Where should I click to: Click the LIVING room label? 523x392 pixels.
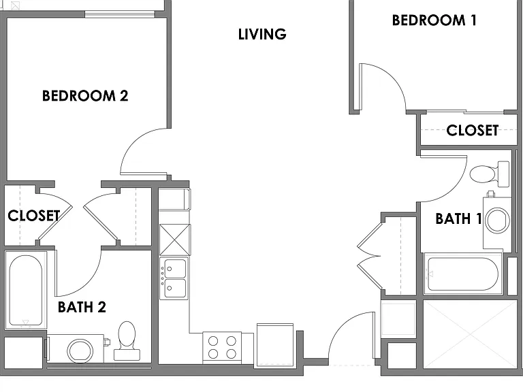(262, 34)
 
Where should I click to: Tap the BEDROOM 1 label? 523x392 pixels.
(434, 20)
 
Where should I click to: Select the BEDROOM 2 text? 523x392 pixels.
(85, 96)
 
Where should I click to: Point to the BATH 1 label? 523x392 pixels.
(458, 219)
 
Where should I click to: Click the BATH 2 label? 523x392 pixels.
(82, 307)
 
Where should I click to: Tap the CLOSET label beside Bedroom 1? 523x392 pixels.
(473, 131)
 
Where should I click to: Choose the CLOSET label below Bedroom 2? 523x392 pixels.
(33, 216)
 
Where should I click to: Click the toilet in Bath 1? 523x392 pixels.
(490, 174)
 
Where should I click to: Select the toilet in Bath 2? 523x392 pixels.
(127, 341)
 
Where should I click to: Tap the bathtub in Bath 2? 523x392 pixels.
(26, 290)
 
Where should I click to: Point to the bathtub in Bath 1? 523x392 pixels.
(463, 274)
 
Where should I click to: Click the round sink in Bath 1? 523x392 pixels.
(497, 220)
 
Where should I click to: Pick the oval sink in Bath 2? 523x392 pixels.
(80, 350)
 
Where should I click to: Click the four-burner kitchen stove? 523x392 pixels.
(222, 347)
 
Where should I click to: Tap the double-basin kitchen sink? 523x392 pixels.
(175, 278)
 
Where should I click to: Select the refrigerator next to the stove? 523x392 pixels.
(275, 344)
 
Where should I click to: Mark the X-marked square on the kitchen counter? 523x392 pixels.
(175, 240)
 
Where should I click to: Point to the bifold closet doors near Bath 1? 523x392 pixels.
(369, 256)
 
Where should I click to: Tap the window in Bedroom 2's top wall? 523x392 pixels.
(120, 14)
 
